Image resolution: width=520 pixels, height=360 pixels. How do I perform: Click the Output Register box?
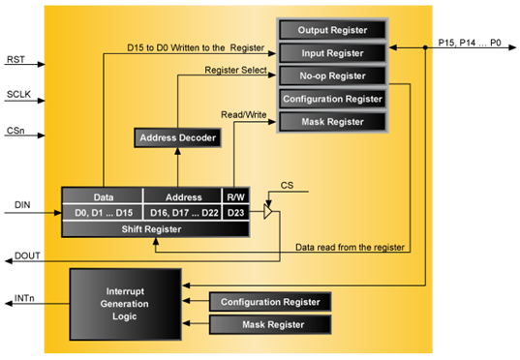[x=332, y=30]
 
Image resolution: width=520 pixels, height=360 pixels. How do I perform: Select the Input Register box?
[x=332, y=53]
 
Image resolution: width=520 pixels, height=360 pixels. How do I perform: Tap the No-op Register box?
[x=332, y=75]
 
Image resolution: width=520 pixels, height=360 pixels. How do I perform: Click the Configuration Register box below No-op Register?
[x=332, y=99]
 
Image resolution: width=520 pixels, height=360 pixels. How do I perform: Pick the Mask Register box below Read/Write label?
[x=332, y=122]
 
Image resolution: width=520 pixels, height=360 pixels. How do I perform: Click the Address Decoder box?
[x=176, y=138]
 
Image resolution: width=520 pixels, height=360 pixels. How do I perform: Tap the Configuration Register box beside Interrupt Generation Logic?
[x=270, y=302]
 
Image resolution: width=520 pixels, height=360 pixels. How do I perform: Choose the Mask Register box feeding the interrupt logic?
[x=270, y=325]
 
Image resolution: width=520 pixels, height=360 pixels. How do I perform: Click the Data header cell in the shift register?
[x=103, y=195]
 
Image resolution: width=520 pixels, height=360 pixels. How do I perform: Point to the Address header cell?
[x=183, y=195]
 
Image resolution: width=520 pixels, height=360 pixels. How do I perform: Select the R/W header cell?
[x=235, y=195]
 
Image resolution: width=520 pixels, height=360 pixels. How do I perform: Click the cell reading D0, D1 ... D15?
[x=103, y=212]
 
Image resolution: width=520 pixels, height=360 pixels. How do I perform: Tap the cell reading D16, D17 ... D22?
[x=183, y=212]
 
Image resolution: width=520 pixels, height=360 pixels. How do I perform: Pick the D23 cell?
[x=235, y=212]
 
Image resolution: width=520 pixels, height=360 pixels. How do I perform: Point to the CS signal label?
[x=287, y=184]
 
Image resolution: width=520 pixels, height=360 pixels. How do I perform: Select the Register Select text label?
[x=235, y=70]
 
